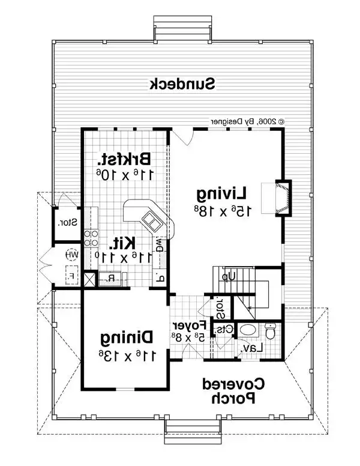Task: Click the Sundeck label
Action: click(x=182, y=83)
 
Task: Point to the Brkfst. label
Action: click(x=125, y=159)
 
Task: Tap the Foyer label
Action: click(x=187, y=326)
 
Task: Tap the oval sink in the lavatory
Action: click(x=248, y=330)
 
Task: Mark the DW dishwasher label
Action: click(x=160, y=244)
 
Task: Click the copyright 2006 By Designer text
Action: click(x=247, y=121)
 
